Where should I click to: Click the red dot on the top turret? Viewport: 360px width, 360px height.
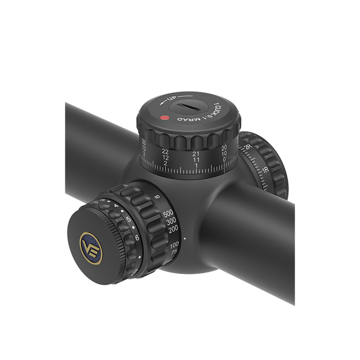click(164, 118)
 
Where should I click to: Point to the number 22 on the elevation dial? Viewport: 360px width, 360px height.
click(165, 151)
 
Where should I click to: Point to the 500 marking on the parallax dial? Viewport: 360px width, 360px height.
click(168, 213)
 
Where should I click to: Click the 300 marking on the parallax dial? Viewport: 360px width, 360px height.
click(171, 221)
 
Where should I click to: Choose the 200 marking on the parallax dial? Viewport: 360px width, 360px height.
click(172, 229)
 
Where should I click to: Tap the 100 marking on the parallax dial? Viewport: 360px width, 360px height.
click(175, 244)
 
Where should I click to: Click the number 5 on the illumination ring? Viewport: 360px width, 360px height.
click(128, 220)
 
